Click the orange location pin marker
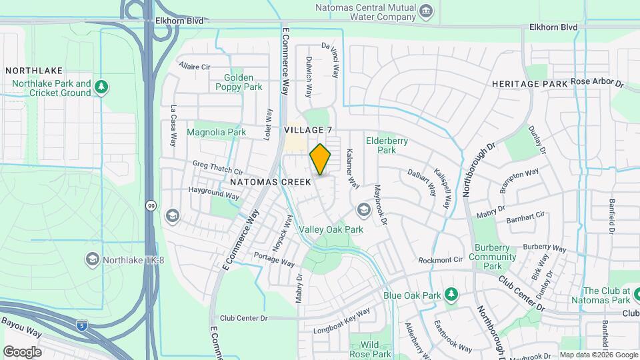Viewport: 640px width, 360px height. (321, 159)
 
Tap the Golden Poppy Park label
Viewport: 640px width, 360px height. (239, 82)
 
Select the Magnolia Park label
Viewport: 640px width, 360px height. (216, 133)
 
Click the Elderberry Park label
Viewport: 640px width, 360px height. (387, 145)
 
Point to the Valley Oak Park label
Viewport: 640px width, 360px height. (331, 229)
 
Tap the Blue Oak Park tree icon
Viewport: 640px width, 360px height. (451, 294)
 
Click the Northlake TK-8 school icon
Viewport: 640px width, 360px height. (93, 259)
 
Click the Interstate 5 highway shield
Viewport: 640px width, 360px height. (81, 325)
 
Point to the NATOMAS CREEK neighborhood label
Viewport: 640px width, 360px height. (270, 181)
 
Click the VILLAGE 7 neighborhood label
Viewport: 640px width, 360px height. (307, 129)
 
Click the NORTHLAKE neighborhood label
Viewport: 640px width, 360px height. (34, 71)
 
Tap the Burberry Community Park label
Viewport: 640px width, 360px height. (493, 257)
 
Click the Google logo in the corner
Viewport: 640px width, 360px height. (22, 352)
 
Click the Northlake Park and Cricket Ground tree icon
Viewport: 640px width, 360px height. (101, 87)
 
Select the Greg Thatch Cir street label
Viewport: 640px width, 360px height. (217, 167)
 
